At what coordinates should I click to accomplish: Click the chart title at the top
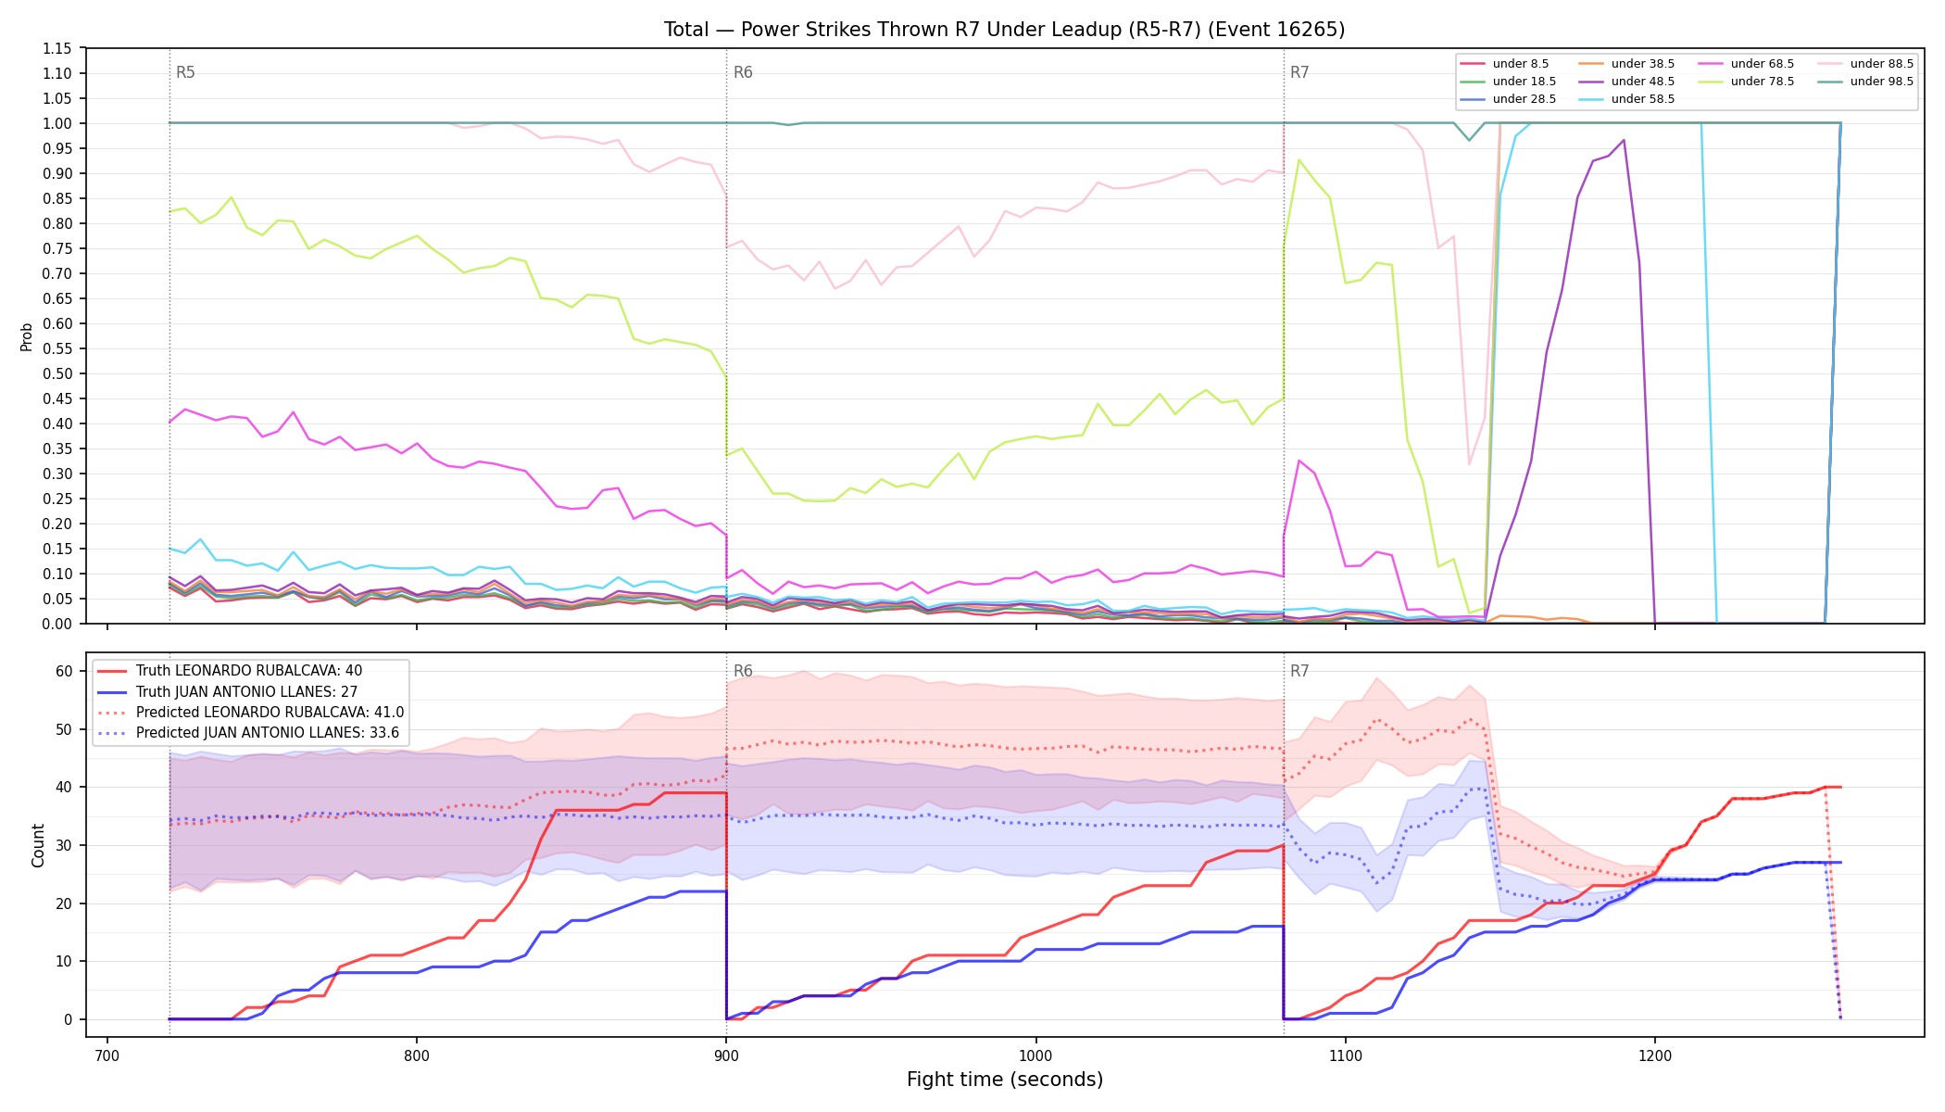1004,30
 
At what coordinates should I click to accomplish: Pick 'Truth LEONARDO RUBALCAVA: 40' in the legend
249,671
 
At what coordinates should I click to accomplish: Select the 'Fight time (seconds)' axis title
1005,1080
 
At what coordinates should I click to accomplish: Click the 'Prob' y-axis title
27,336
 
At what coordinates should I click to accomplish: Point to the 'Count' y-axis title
38,845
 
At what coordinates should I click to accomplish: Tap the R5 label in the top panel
185,72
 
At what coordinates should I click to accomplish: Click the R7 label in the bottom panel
1299,671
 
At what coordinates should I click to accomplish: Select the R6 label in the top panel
743,72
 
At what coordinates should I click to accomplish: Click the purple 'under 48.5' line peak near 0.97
1624,140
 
